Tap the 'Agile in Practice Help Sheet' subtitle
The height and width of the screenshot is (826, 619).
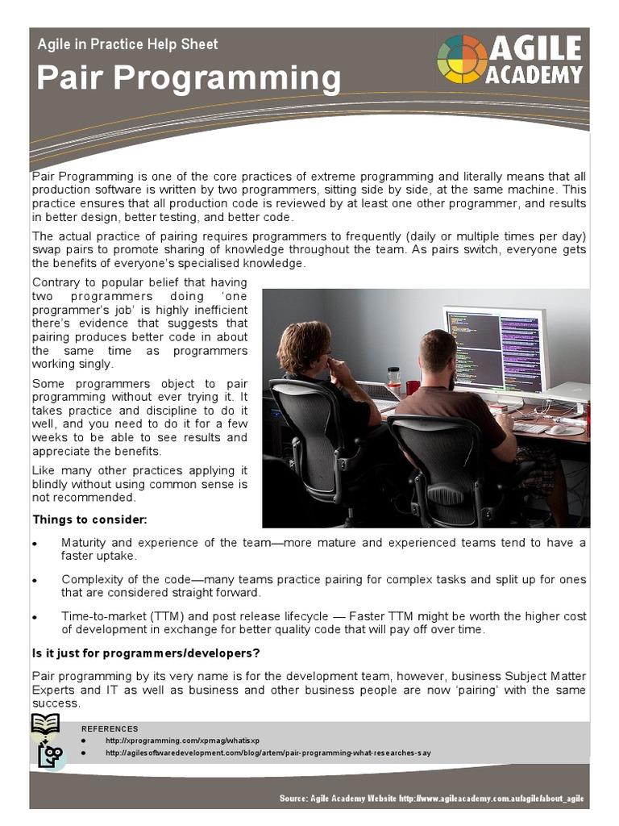click(127, 44)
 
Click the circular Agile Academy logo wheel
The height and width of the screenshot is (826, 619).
click(462, 59)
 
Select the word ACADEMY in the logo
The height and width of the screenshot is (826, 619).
click(534, 75)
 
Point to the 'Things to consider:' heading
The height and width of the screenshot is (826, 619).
click(89, 519)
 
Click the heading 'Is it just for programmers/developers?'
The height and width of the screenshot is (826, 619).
click(146, 653)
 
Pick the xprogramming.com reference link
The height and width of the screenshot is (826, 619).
click(182, 740)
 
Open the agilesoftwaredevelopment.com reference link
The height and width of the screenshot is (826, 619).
click(268, 753)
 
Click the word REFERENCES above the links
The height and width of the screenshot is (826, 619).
click(110, 728)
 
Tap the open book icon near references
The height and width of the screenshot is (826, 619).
click(45, 724)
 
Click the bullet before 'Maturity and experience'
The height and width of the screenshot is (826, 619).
click(34, 544)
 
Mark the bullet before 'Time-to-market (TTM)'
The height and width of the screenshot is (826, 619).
click(34, 617)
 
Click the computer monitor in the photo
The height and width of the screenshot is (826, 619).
click(496, 349)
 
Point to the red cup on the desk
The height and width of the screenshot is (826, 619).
click(413, 387)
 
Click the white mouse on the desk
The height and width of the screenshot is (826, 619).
click(555, 429)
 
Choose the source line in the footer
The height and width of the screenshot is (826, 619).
click(431, 799)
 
